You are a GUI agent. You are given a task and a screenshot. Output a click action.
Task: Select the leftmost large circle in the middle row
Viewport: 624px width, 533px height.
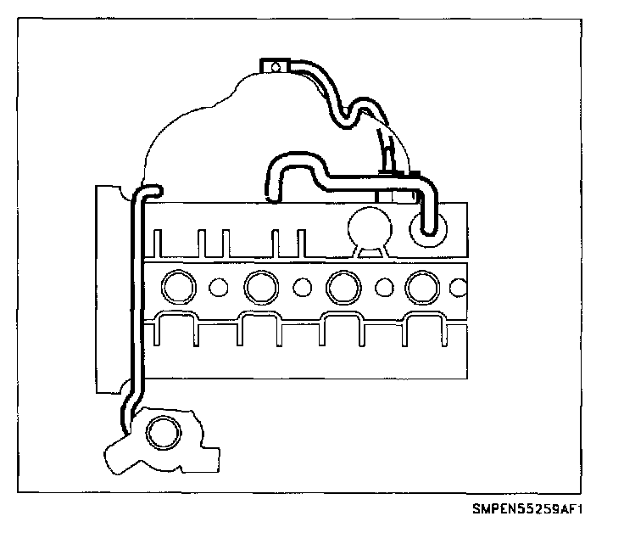179,286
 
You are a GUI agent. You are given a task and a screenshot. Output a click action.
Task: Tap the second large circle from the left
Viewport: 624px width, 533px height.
259,287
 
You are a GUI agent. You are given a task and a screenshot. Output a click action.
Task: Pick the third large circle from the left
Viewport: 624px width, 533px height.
342,287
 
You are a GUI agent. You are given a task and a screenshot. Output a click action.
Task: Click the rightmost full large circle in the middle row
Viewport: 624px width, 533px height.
421,287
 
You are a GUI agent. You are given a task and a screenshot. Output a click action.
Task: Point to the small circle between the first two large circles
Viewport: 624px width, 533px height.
219,287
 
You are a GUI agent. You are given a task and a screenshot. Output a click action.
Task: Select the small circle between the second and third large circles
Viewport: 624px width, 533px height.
301,287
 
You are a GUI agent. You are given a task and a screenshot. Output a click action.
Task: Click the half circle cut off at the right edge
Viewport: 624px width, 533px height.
460,287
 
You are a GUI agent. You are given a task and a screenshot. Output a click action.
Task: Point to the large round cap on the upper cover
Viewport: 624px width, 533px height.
368,226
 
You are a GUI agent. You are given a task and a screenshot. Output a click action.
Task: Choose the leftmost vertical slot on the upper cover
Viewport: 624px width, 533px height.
158,242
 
